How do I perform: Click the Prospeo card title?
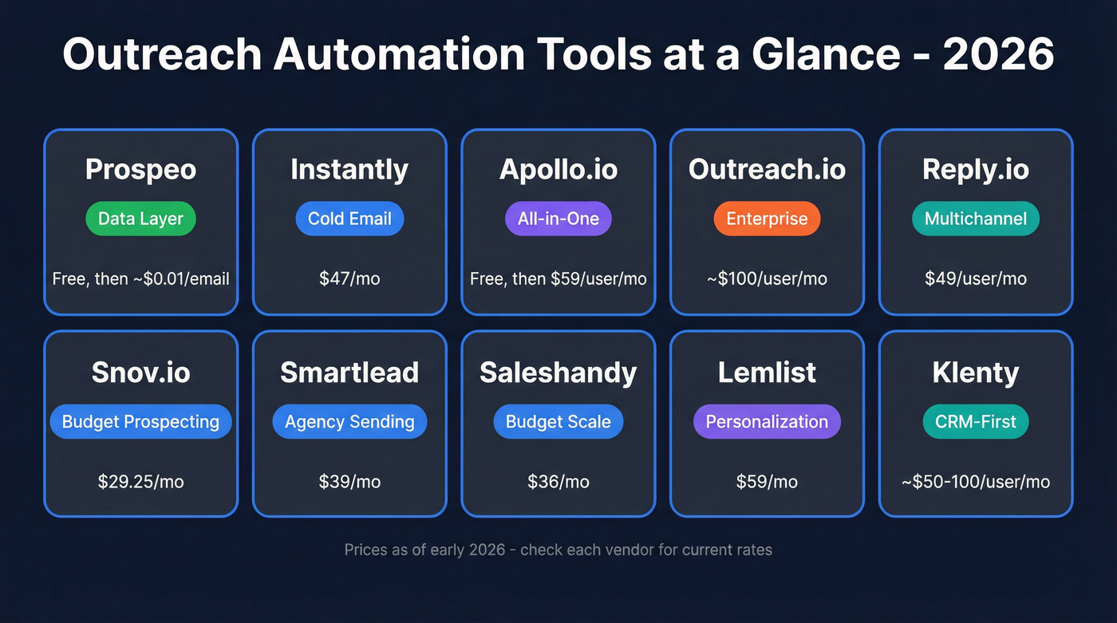click(140, 169)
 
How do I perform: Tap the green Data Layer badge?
click(140, 219)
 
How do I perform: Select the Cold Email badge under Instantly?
click(349, 219)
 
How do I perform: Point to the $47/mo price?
click(349, 278)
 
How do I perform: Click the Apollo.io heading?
click(558, 169)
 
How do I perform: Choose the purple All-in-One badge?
click(558, 219)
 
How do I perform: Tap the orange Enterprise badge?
click(767, 219)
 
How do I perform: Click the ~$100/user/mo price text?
click(767, 278)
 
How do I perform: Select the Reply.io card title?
click(976, 169)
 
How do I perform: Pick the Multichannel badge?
click(976, 219)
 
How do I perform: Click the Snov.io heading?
click(140, 373)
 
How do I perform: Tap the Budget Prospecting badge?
click(140, 422)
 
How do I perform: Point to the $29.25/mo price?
click(140, 482)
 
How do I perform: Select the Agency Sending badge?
click(349, 422)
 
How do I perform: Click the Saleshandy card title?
click(558, 373)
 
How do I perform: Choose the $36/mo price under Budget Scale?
click(558, 482)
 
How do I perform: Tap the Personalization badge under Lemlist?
click(767, 422)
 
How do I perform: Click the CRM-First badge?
click(976, 422)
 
